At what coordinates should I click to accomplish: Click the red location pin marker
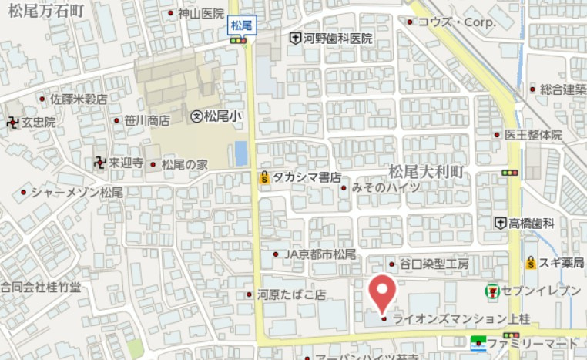pyautogui.click(x=383, y=291)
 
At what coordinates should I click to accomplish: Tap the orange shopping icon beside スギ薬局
pyautogui.click(x=531, y=264)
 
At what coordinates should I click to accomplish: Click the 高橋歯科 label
pyautogui.click(x=531, y=223)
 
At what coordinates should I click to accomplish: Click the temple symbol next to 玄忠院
pyautogui.click(x=12, y=122)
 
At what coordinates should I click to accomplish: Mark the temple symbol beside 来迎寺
pyautogui.click(x=99, y=163)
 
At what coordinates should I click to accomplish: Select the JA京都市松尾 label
pyautogui.click(x=320, y=254)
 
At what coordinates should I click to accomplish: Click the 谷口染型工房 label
pyautogui.click(x=433, y=264)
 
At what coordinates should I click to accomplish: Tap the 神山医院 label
pyautogui.click(x=200, y=13)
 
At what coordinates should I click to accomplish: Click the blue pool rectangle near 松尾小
pyautogui.click(x=241, y=153)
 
